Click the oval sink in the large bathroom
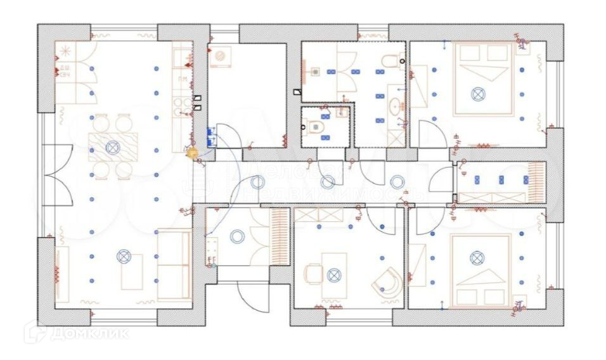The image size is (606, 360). click(x=396, y=105)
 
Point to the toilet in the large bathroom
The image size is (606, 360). click(x=389, y=61)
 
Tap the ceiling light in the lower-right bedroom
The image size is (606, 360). click(x=477, y=258)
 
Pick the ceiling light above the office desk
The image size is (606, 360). click(x=334, y=275)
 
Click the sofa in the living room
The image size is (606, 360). click(x=174, y=264)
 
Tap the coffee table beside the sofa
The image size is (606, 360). click(x=132, y=271)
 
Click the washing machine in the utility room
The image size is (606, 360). click(x=221, y=56)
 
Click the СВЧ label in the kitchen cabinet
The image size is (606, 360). click(x=65, y=75)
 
